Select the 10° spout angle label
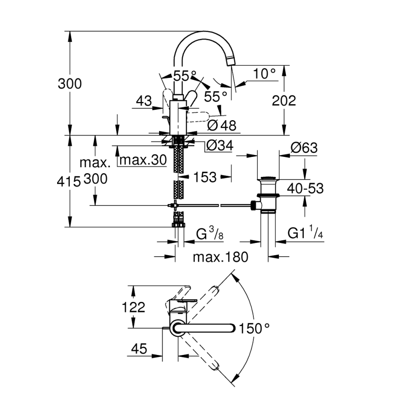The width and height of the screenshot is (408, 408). pos(265,73)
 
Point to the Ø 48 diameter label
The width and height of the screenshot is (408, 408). pos(223,125)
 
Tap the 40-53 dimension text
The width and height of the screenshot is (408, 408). pos(306,188)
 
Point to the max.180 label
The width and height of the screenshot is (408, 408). pos(221,257)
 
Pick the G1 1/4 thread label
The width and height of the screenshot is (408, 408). pos(306,234)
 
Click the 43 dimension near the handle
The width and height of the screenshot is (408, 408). pos(144,100)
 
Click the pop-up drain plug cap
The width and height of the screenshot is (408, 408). pos(267,178)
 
